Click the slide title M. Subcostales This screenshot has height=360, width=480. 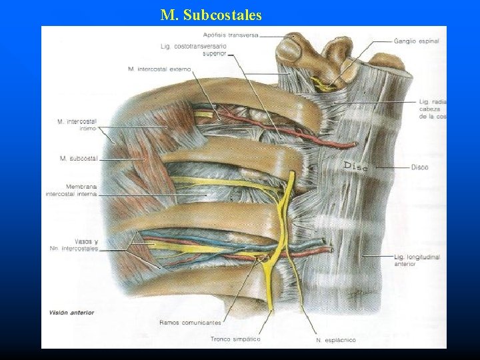pos(211,14)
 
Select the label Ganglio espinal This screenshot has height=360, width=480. pos(417,41)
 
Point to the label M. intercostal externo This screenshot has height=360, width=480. pos(159,69)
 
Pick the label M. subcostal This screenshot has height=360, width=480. pos(78,158)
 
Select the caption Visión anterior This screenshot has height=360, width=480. pos(71,312)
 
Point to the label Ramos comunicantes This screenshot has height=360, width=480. pos(189,323)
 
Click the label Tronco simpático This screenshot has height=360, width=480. pos(235,339)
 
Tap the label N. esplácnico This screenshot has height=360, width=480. pos(335,340)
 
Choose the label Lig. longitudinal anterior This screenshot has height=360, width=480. pos(417,260)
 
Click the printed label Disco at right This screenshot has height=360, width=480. pos(420,167)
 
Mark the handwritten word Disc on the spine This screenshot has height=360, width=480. pos(355,166)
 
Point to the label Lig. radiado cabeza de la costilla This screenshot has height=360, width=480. pos(433,109)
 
